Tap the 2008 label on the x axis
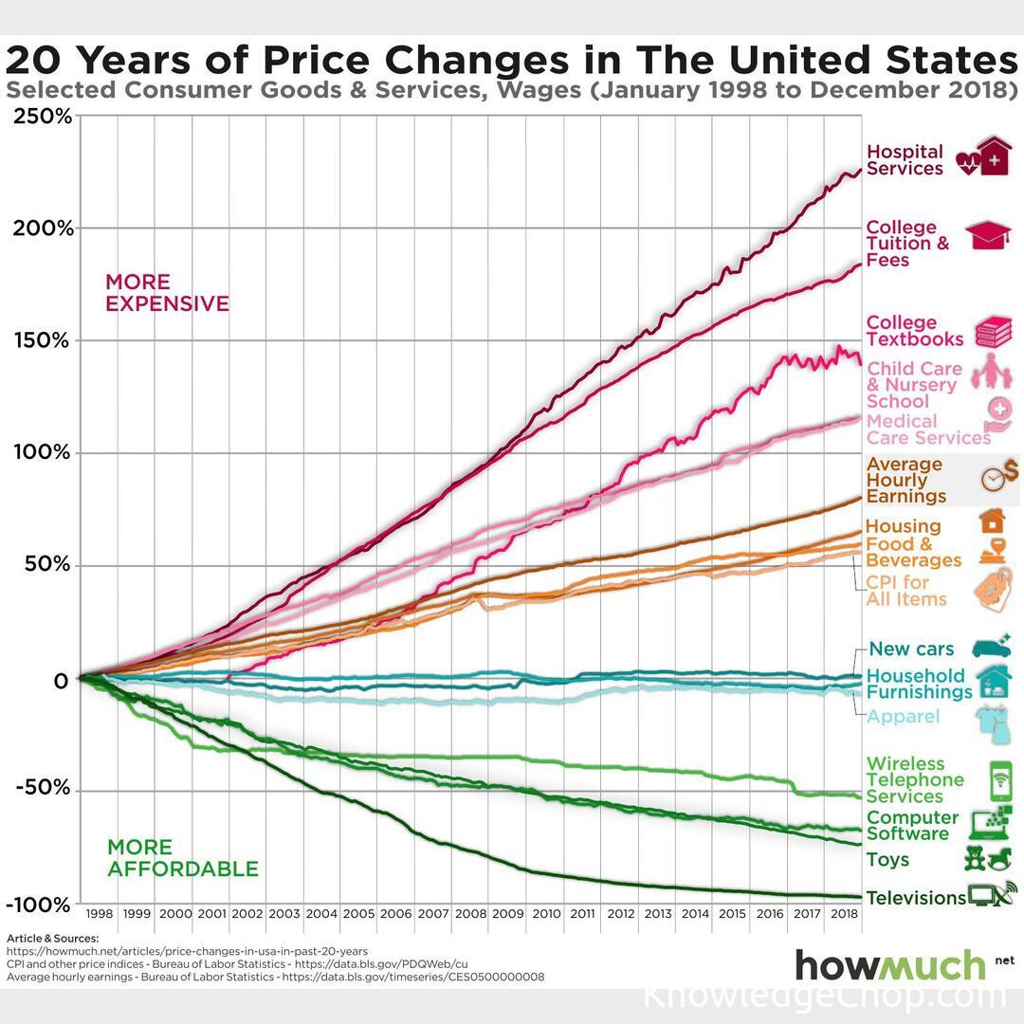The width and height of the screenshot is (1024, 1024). (470, 914)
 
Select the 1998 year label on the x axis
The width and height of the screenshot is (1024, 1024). (99, 914)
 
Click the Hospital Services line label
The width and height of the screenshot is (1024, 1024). (905, 160)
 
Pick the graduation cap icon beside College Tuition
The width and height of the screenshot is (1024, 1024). (989, 235)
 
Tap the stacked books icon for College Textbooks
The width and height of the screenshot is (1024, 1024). (994, 332)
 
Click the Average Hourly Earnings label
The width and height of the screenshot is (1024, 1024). (905, 480)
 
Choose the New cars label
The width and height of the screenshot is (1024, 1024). (911, 649)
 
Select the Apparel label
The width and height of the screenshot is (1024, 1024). (904, 717)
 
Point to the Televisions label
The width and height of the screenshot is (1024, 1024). (915, 898)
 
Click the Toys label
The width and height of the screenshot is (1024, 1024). (887, 860)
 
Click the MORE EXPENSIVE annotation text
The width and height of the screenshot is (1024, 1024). (167, 293)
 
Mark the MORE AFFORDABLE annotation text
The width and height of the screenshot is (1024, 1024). (182, 858)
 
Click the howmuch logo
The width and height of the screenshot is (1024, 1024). (890, 964)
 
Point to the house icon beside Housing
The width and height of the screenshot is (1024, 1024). (992, 520)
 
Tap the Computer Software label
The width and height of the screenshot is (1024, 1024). (912, 826)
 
